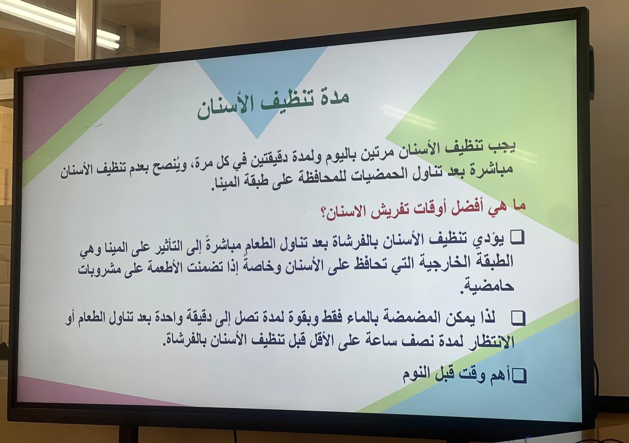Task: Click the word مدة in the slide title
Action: point(333,97)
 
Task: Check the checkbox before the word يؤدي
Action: point(517,238)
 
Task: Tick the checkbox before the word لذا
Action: point(518,318)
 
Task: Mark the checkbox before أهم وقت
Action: point(519,376)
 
